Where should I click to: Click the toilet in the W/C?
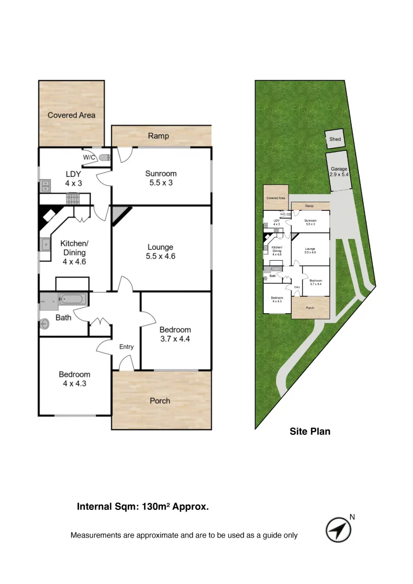tap(104, 157)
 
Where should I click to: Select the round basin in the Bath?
tap(45, 324)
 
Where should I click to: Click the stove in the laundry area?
tap(73, 199)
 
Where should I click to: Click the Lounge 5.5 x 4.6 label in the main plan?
tap(161, 252)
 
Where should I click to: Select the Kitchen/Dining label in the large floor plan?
tap(74, 253)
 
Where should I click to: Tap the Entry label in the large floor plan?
tap(126, 347)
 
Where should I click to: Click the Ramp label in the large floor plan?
tap(158, 136)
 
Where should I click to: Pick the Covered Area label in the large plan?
tap(71, 115)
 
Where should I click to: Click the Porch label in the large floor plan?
tap(160, 401)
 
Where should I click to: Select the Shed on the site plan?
tap(335, 140)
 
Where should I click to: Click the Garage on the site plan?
tap(339, 171)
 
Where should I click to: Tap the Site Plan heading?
tap(309, 432)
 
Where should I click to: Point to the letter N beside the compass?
tap(352, 517)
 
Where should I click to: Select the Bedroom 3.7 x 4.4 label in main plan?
tap(175, 335)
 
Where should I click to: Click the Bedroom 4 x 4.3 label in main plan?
tap(74, 379)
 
